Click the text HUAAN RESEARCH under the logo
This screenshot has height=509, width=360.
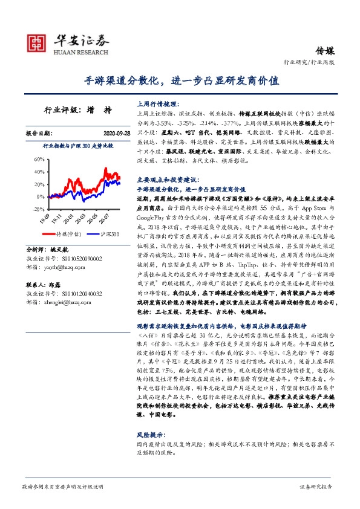click(x=81, y=52)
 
